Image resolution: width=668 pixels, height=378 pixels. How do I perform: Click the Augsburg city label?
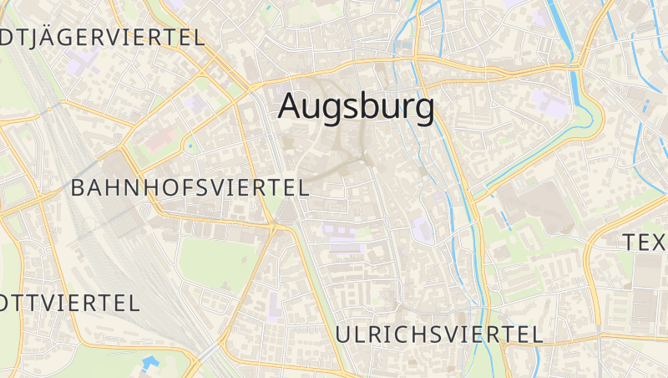pos(356,107)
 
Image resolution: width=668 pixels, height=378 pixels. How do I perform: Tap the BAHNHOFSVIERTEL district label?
pos(190,187)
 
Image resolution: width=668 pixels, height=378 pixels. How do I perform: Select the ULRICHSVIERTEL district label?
pos(438,335)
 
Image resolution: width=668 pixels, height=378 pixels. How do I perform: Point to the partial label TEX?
pos(645,243)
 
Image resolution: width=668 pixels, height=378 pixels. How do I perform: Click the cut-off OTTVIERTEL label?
pos(69,303)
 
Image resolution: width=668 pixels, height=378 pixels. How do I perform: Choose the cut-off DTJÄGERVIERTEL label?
pos(102,38)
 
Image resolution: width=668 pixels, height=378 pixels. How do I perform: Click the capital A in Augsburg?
pos(291,106)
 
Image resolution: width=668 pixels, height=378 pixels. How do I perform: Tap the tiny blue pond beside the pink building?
pos(190,147)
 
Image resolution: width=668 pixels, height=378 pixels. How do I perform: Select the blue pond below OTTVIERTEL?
pos(149,364)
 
